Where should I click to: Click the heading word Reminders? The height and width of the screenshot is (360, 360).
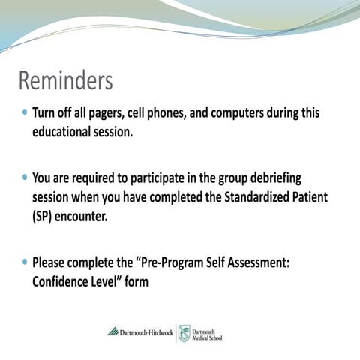point(65,80)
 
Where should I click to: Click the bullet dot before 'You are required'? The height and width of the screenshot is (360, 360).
point(25,178)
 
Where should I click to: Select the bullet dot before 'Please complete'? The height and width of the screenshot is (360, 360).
point(25,262)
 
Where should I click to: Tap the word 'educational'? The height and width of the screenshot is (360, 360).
point(64,132)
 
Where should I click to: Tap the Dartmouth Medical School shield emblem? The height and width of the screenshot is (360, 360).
point(184,332)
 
